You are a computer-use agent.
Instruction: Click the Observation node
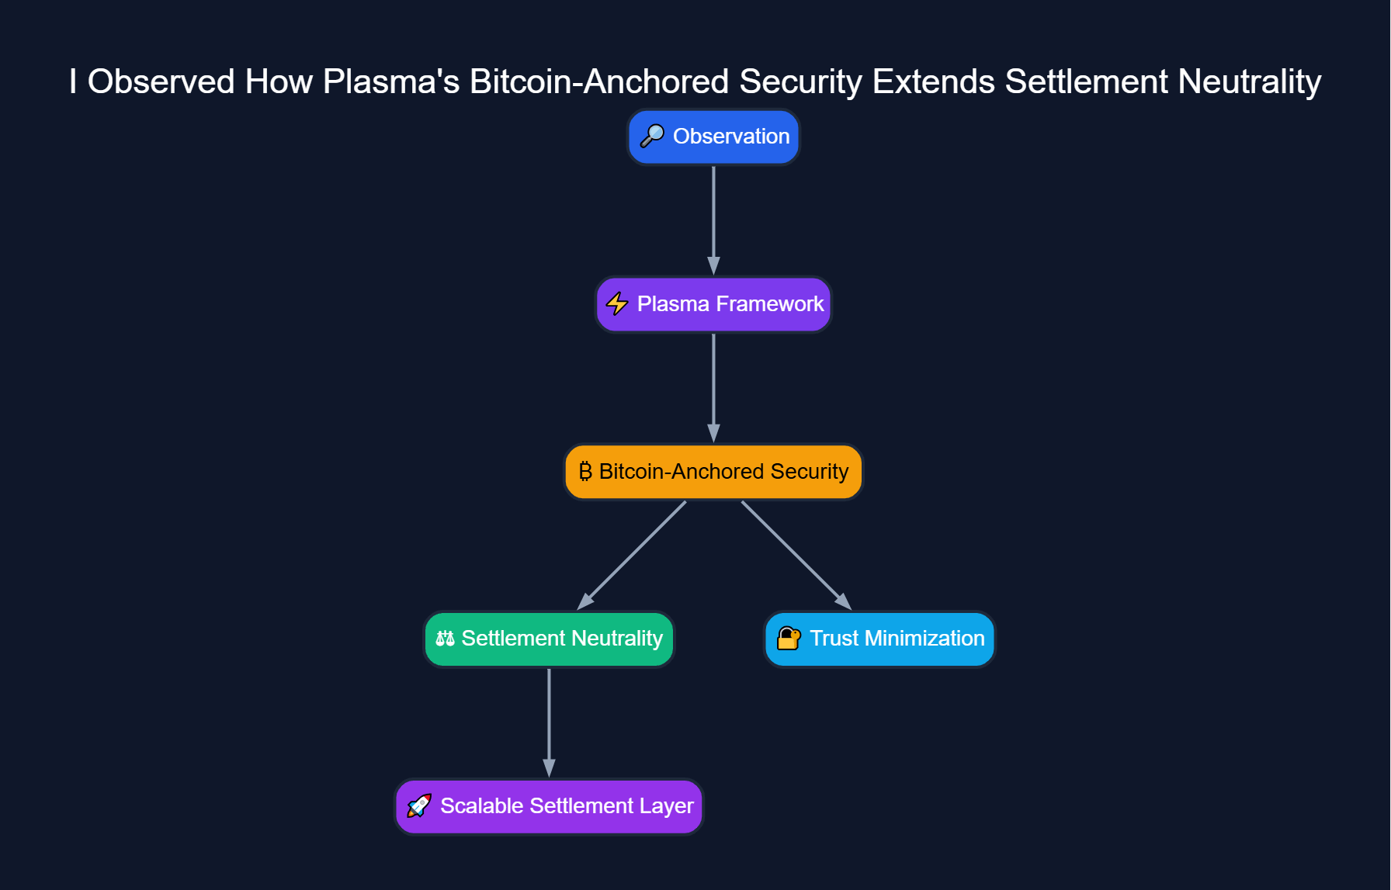[x=713, y=137]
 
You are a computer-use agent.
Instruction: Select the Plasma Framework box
[x=713, y=304]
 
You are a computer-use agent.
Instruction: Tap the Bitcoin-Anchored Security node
[x=713, y=472]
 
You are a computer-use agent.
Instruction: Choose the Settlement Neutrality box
[x=549, y=639]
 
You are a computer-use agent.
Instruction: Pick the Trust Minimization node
[x=879, y=639]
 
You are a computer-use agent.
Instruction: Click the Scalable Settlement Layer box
[x=549, y=806]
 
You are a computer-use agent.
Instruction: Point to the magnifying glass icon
[x=652, y=136]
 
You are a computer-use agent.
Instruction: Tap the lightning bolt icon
[x=617, y=303]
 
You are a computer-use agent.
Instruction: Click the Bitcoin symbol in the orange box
[x=585, y=471]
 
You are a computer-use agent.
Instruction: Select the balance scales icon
[x=445, y=639]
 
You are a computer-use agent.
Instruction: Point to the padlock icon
[x=789, y=638]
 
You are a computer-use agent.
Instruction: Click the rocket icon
[x=419, y=805]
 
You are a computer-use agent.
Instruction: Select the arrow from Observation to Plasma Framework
[x=713, y=220]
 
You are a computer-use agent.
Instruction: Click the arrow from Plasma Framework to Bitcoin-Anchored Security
[x=713, y=388]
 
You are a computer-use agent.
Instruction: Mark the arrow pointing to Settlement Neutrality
[x=632, y=556]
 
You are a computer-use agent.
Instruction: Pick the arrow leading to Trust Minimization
[x=796, y=556]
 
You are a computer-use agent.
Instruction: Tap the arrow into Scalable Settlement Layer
[x=549, y=722]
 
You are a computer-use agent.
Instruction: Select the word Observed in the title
[x=161, y=81]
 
